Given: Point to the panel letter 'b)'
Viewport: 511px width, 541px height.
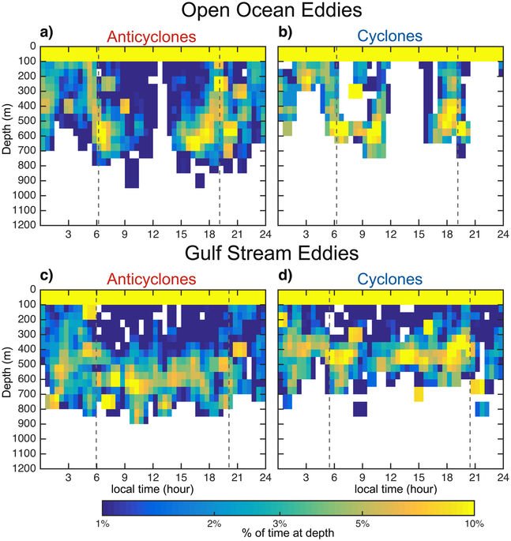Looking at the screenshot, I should (284, 33).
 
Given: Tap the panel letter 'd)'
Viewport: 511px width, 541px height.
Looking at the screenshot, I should (284, 276).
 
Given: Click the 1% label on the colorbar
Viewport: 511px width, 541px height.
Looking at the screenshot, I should (103, 524).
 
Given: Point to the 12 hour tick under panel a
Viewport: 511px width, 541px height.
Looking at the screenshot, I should (152, 235).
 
